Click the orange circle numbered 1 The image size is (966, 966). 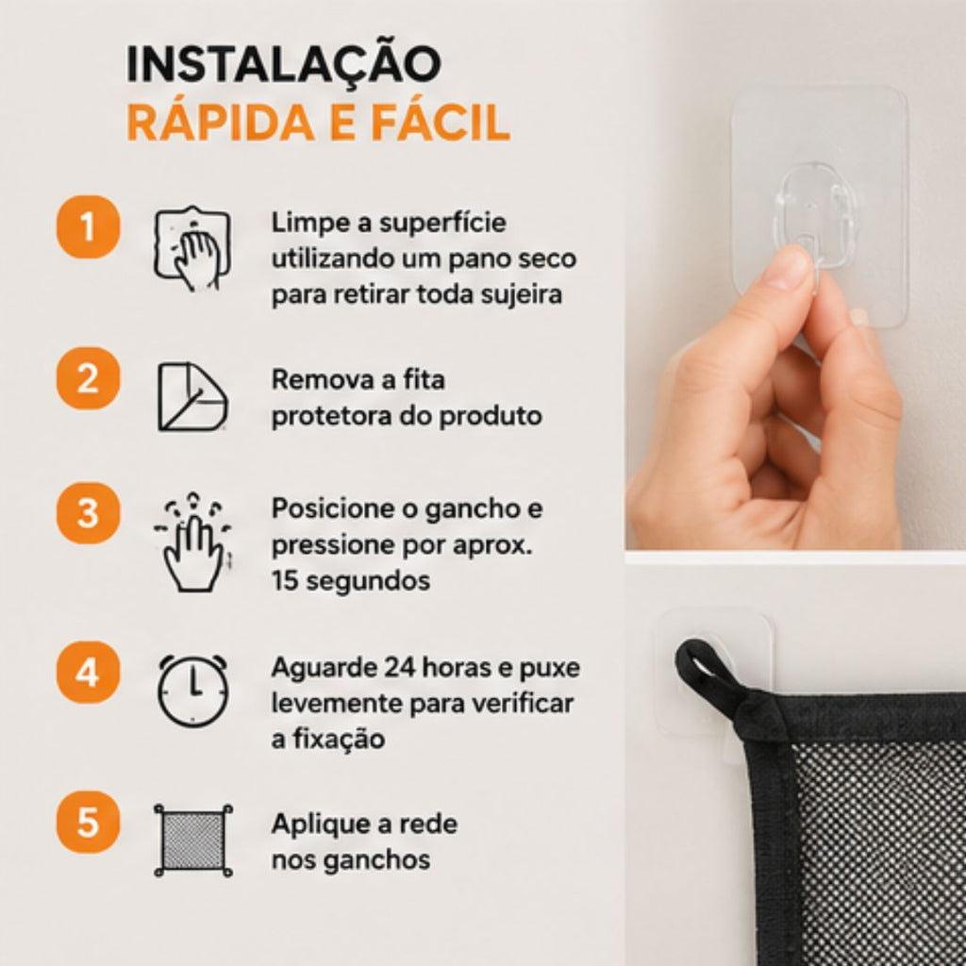(x=88, y=226)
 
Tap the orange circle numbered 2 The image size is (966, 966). (x=88, y=378)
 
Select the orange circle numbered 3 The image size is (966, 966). (x=88, y=512)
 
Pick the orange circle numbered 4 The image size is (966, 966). (x=88, y=672)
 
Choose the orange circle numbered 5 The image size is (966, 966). (x=88, y=822)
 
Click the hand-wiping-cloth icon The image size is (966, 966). (x=192, y=248)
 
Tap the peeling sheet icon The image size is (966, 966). (x=192, y=396)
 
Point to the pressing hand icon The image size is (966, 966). (x=192, y=542)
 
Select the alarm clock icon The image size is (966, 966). (x=193, y=690)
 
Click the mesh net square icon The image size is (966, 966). (x=192, y=840)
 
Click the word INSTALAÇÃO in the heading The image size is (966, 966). (x=283, y=63)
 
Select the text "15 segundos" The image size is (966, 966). (x=351, y=580)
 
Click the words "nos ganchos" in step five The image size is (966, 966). (x=351, y=860)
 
